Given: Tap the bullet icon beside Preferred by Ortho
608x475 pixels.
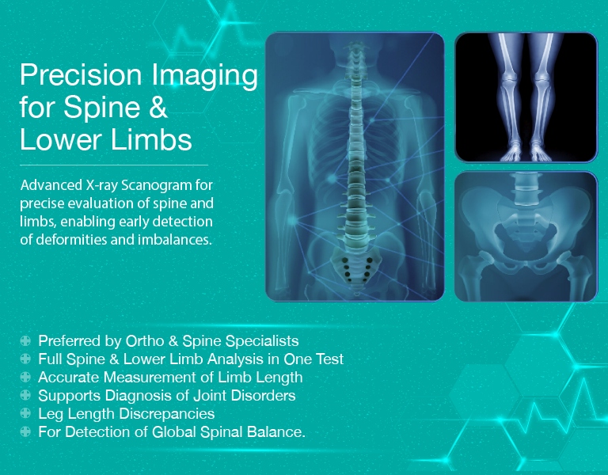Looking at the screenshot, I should (x=26, y=341).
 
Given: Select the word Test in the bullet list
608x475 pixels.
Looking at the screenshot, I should (x=329, y=359).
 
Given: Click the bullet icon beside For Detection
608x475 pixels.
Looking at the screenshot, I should (x=26, y=432).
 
